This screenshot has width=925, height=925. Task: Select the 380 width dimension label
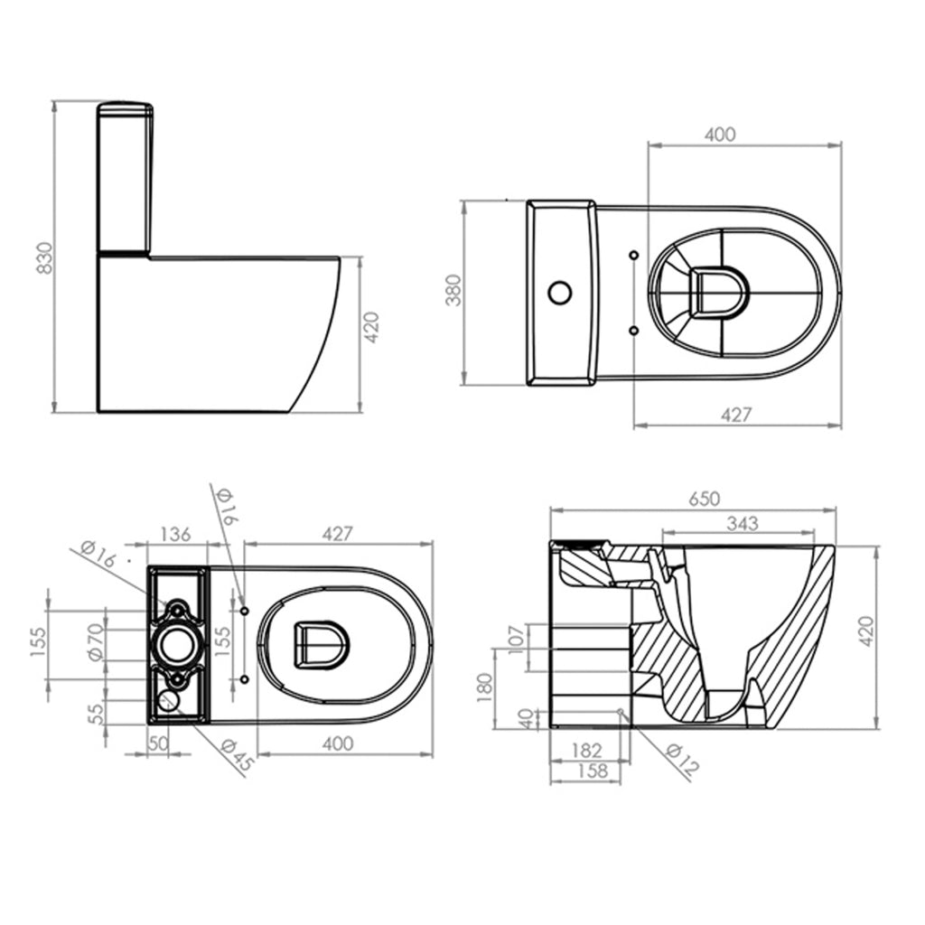tap(453, 291)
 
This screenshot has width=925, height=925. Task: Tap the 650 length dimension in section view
tap(703, 499)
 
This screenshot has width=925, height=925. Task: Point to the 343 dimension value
tap(741, 523)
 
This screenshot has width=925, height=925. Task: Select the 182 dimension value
tap(587, 750)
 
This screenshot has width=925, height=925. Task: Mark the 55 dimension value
tap(96, 714)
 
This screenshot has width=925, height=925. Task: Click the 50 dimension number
tap(158, 743)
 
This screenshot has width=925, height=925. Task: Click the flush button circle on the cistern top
tap(559, 293)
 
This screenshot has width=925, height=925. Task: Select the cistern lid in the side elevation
tap(125, 110)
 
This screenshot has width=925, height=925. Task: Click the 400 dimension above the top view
tap(719, 135)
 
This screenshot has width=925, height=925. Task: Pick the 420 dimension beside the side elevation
tap(370, 333)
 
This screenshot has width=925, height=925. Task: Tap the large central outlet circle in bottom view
tap(175, 642)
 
